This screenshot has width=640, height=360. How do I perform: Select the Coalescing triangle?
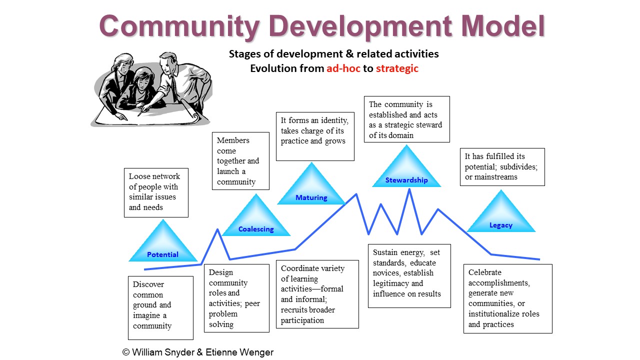tap(256, 220)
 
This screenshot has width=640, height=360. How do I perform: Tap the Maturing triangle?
tap(311, 189)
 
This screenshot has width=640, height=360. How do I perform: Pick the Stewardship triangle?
tap(406, 171)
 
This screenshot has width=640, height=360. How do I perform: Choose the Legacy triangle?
tap(501, 216)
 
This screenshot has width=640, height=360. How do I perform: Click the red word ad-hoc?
tap(343, 68)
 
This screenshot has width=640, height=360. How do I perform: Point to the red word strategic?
tap(397, 68)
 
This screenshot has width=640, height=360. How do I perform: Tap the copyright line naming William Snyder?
tap(198, 352)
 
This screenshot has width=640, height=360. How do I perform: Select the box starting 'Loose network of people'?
tap(156, 192)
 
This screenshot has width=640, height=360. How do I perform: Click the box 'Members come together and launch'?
tap(240, 161)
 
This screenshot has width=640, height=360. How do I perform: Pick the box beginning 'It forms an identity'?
tap(315, 136)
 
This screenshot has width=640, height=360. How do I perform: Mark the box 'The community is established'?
tap(406, 119)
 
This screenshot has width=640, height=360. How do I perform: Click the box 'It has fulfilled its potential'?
tap(502, 167)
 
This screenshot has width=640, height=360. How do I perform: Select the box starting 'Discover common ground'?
tap(160, 307)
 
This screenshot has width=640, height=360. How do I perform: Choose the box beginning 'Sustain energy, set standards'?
tap(409, 275)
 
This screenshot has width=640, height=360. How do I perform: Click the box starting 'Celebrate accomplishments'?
tap(507, 298)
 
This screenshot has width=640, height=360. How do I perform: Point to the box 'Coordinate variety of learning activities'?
tap(317, 294)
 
